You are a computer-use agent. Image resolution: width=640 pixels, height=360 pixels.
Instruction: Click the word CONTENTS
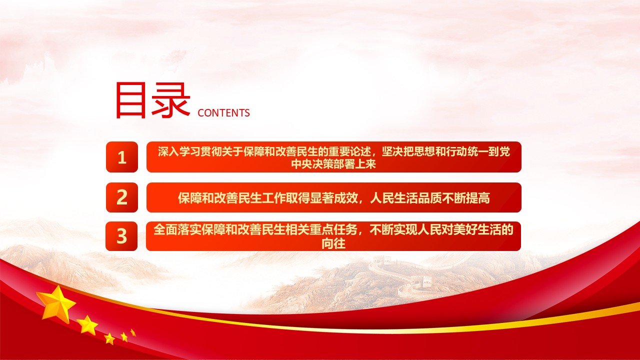coord(223,113)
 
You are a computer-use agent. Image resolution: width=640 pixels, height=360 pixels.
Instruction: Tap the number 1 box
coord(121,157)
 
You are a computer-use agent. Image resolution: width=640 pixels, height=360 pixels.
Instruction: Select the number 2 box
coord(121,197)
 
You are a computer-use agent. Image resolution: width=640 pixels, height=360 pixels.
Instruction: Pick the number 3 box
coord(121,236)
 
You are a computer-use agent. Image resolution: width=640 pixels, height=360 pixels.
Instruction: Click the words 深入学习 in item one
coord(175,151)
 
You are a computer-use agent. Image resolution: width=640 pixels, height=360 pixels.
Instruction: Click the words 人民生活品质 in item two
coord(405,198)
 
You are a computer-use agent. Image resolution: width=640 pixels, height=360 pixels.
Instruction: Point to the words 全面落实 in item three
coord(171,230)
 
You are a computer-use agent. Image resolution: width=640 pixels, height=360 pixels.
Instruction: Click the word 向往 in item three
coord(333,243)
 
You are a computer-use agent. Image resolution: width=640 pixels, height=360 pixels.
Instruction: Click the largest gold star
coord(56,303)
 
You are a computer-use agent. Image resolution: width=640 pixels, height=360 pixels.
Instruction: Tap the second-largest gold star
coord(88,325)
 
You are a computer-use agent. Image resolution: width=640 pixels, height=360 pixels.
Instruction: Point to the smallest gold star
coord(133,332)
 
